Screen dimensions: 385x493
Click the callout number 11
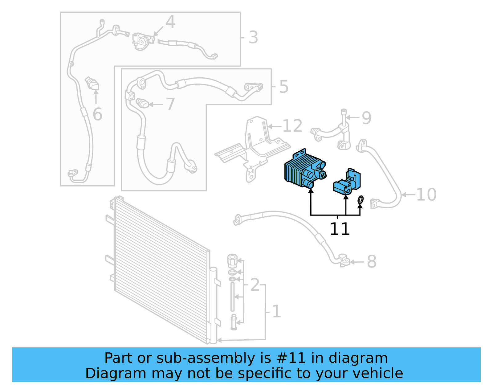tap(340, 229)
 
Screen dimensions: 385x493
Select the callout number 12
tap(292, 126)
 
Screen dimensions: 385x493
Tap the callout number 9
tap(366, 118)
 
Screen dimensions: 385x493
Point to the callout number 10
tap(426, 195)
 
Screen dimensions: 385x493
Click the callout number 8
tap(372, 262)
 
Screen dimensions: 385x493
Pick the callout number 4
tap(170, 22)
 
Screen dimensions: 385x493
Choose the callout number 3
tap(253, 38)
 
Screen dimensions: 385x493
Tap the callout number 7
tap(170, 104)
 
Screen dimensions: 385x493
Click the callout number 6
tap(97, 114)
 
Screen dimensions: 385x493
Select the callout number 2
tap(255, 285)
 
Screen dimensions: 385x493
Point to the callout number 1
tap(276, 311)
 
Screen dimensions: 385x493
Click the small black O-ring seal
tap(360, 200)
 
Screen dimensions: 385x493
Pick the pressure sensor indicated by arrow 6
tap(92, 83)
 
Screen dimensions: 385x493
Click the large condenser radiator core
tap(160, 268)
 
